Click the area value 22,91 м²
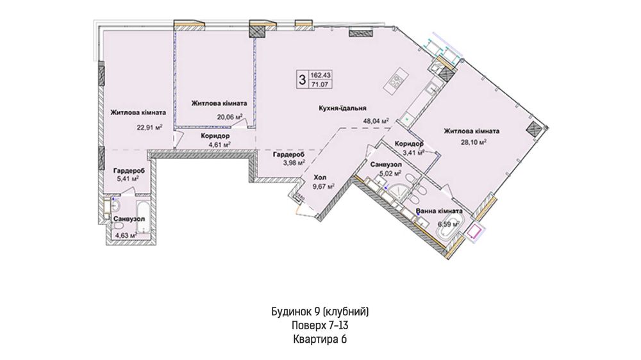point(149,127)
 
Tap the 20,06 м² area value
point(229,117)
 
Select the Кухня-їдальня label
point(342,108)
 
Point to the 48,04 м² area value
point(376,121)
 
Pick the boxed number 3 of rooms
point(302,79)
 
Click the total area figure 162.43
point(320,75)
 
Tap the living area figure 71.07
point(320,85)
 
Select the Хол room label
point(320,177)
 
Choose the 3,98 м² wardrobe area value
point(294,163)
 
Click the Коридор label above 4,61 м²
point(215,136)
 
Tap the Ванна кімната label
point(439,211)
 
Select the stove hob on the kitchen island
point(396,82)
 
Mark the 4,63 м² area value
point(126,235)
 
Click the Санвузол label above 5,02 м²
point(386,164)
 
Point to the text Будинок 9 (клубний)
point(320,312)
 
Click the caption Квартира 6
point(320,339)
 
